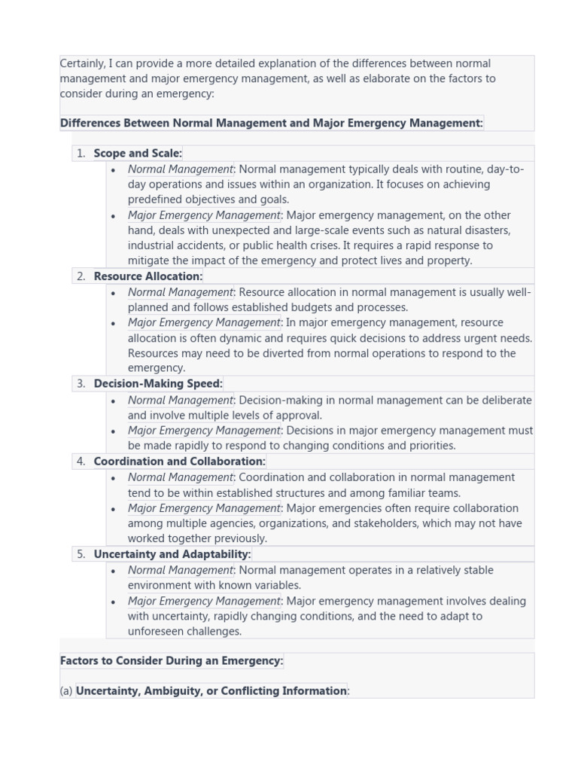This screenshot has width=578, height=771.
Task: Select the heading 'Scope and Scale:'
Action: (138, 154)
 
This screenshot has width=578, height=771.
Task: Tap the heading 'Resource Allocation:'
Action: (148, 276)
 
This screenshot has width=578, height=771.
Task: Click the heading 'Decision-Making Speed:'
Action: (158, 384)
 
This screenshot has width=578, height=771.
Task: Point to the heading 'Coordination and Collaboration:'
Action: (179, 462)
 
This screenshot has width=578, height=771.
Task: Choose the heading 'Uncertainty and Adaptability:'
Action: (172, 554)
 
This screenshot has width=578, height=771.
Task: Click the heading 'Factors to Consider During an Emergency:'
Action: (172, 661)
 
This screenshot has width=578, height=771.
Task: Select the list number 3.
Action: (81, 384)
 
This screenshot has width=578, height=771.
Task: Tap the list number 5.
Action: (81, 554)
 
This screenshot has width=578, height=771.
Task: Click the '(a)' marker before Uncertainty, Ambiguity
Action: (66, 691)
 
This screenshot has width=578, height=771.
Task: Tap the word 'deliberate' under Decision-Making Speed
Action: (505, 401)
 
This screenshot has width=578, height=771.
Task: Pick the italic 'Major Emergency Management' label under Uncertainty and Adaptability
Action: (203, 601)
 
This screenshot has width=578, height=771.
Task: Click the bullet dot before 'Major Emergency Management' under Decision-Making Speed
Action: (113, 431)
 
